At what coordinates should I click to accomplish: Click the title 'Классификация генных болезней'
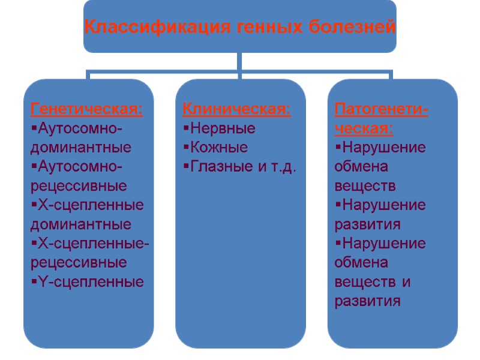(x=239, y=27)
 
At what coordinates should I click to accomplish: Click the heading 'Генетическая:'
(x=86, y=110)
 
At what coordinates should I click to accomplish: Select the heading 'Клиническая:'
(x=236, y=110)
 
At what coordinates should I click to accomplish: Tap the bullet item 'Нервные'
(x=221, y=128)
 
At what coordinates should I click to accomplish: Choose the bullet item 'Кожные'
(x=217, y=147)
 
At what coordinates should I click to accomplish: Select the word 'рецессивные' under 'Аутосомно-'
(x=78, y=185)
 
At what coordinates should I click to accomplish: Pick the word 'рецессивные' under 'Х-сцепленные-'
(x=78, y=262)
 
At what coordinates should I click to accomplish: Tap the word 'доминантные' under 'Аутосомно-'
(x=80, y=147)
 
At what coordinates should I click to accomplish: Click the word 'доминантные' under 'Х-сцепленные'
(x=80, y=224)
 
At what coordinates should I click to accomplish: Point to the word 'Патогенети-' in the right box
(x=380, y=110)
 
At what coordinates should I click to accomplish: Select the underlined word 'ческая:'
(x=364, y=128)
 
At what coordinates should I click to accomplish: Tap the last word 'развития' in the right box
(x=367, y=301)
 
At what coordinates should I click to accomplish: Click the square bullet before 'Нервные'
(x=185, y=128)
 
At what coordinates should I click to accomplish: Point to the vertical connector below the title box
(x=239, y=62)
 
